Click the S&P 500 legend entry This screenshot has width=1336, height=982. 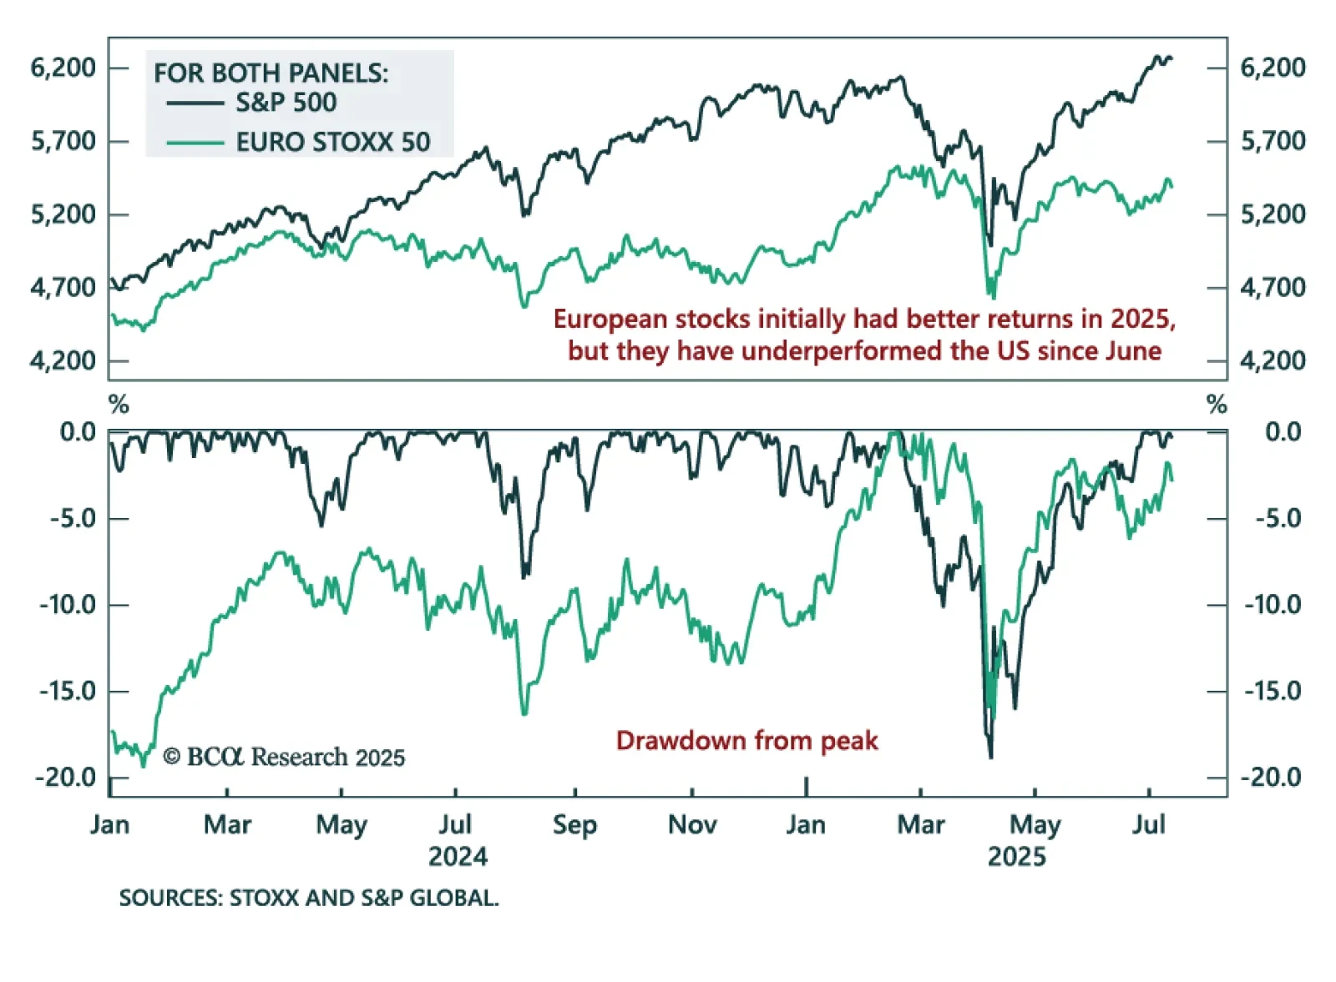tap(286, 103)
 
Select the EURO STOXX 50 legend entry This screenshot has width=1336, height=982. tap(332, 142)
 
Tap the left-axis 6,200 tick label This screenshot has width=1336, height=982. tap(63, 68)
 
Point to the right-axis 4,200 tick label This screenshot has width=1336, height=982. tap(1273, 361)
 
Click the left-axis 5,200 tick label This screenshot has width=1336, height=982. tap(63, 214)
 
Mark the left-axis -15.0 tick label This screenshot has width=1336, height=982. tap(67, 691)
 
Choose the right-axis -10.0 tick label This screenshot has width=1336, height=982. tap(1273, 604)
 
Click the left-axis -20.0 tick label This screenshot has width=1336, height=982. tap(67, 778)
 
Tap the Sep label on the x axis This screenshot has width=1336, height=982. tap(574, 825)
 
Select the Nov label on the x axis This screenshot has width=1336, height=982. tap(692, 825)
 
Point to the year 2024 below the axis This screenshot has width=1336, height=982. tap(458, 857)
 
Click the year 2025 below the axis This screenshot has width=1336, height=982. tap(1016, 857)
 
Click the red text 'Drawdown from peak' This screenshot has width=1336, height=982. tap(746, 741)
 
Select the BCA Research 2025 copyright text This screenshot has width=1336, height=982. tap(284, 757)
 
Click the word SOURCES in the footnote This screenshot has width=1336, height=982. tap(170, 899)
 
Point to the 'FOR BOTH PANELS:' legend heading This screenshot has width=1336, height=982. tap(271, 73)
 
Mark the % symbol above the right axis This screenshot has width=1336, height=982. tap(1217, 405)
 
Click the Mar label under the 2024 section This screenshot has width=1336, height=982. tap(227, 825)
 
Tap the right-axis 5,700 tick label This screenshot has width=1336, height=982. tap(1273, 141)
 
